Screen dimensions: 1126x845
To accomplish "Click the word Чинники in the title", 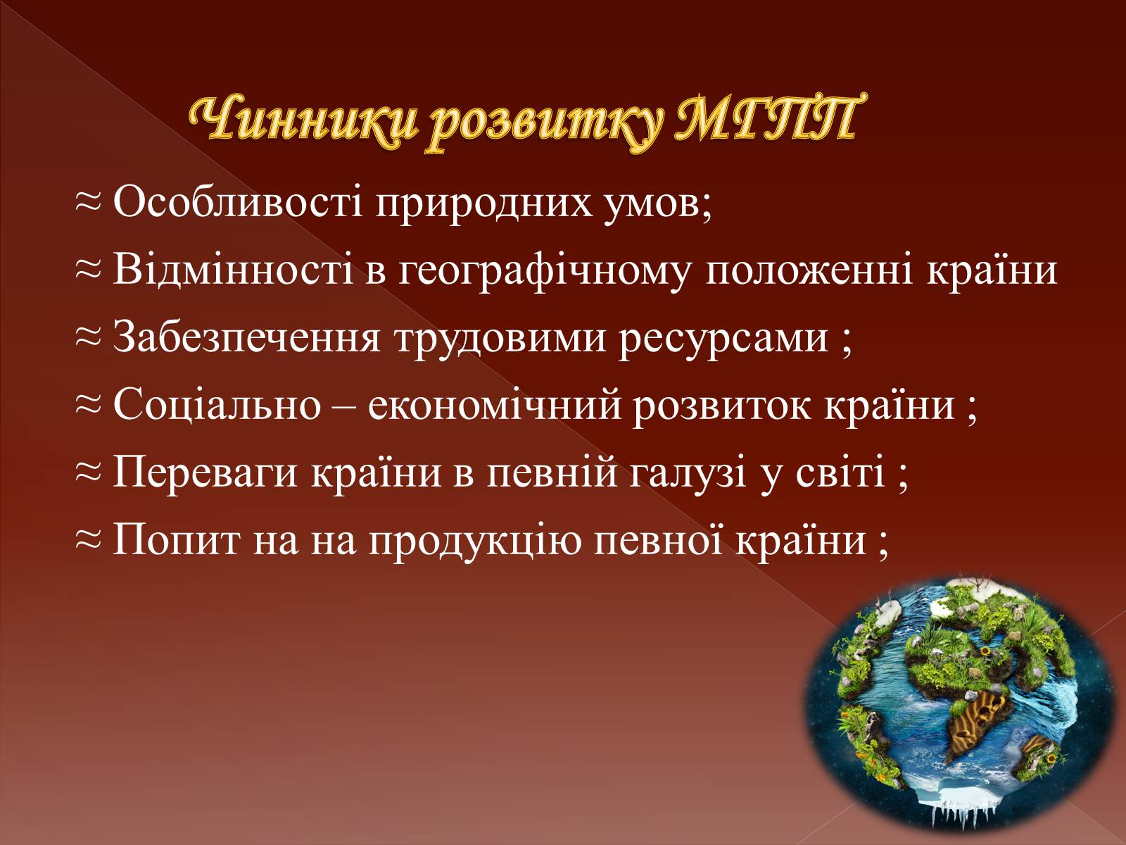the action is (x=303, y=122).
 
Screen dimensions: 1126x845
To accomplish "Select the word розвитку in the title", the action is (x=544, y=126).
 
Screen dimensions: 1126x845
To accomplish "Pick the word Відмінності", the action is (x=234, y=270).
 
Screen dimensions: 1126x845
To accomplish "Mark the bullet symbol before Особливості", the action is (x=88, y=204).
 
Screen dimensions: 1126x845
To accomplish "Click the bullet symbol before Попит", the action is (x=88, y=541).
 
